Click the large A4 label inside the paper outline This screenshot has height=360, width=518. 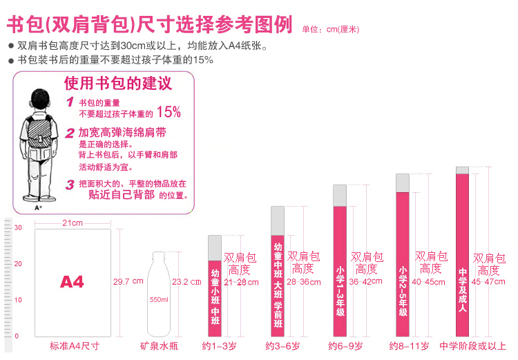72,282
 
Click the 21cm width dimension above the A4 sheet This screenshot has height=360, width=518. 73,222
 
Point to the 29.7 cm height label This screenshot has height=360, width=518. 128,281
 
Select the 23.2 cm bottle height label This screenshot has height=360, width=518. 186,281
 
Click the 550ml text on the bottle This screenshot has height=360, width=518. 158,300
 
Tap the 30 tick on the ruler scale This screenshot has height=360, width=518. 19,228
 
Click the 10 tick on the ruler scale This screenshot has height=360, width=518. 19,300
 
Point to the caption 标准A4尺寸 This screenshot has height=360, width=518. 75,345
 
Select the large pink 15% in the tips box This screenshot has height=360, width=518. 169,112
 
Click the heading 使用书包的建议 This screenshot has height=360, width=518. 117,84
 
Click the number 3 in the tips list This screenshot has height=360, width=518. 69,184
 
